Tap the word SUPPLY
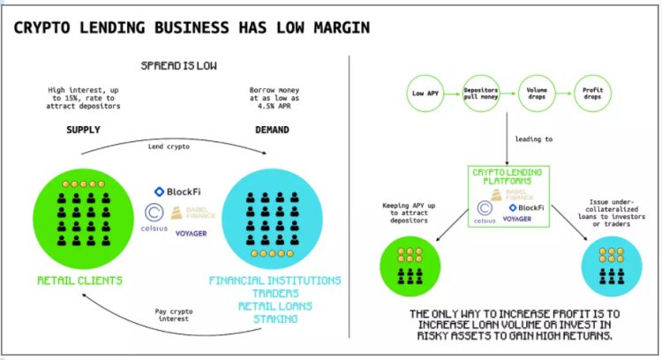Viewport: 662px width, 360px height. pos(83,130)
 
